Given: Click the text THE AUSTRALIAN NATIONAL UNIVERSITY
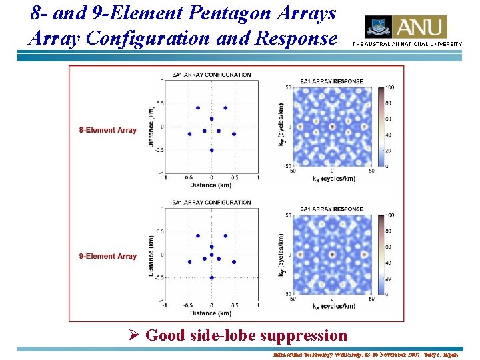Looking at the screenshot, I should (x=407, y=44).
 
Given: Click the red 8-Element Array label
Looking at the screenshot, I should (x=107, y=131).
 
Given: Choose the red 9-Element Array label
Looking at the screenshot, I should (x=107, y=256).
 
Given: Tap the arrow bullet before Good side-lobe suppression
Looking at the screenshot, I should (x=132, y=335).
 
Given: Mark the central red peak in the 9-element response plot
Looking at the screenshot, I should (x=332, y=254).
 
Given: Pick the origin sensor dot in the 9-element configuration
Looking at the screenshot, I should (x=211, y=255).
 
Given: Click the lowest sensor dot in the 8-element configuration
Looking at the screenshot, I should (x=211, y=150).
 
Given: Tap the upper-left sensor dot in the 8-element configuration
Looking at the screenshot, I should (x=197, y=108).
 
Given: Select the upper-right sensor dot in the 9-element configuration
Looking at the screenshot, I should (x=226, y=235).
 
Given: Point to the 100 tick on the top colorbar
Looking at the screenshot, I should (x=390, y=88).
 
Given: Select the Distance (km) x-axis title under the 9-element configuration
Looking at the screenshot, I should (x=211, y=313).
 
